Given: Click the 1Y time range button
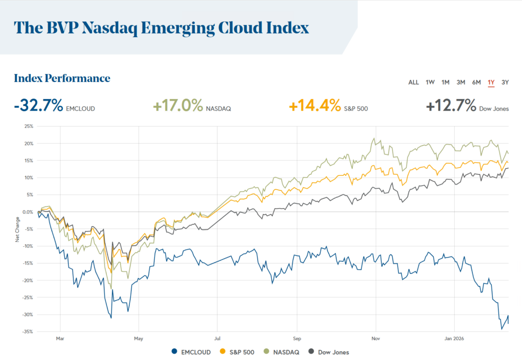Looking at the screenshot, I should tap(491, 82).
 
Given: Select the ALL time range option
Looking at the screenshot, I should tap(413, 82).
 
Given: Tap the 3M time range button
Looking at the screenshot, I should tap(461, 82).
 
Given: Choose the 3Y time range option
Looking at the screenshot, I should tap(505, 82).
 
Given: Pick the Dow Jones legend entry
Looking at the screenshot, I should tap(329, 352).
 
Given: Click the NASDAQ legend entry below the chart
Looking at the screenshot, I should tap(282, 352).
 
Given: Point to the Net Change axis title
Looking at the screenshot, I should tap(17, 229).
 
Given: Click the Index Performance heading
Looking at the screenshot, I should tap(62, 78).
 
